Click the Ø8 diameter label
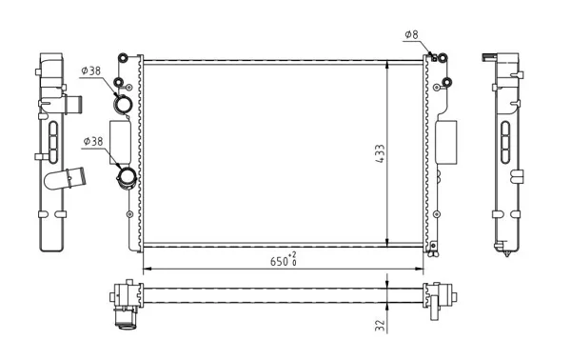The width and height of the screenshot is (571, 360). point(411,34)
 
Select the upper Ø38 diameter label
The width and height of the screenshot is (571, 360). point(91,70)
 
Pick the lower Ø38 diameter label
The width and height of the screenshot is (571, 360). point(93,141)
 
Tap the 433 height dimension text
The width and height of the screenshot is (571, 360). point(380,153)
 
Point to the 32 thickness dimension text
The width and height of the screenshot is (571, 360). point(380,325)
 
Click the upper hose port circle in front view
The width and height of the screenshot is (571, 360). point(123,104)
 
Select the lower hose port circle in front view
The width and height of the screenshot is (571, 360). point(127,177)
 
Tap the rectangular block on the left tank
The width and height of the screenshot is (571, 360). point(120,142)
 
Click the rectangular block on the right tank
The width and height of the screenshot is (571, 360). point(446,142)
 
